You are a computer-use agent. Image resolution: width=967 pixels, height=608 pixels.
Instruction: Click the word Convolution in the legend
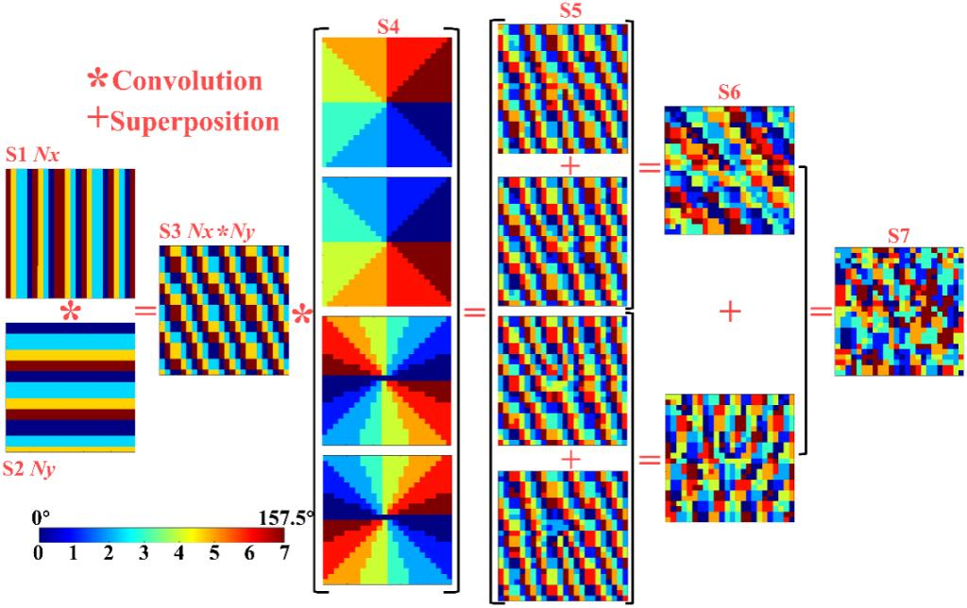187,80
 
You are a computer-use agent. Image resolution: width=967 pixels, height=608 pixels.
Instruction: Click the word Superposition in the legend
195,121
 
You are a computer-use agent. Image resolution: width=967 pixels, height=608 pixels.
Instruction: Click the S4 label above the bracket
386,25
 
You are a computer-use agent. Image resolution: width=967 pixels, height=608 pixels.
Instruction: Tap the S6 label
728,93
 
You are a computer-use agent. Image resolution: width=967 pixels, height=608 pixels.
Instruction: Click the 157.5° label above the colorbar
285,517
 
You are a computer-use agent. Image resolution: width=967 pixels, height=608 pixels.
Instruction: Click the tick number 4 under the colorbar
179,553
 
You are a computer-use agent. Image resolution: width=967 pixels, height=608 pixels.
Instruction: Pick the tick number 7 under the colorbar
284,553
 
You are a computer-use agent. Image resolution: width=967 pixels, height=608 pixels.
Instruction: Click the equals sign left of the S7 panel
820,311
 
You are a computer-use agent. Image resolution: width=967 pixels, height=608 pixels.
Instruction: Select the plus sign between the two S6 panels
729,312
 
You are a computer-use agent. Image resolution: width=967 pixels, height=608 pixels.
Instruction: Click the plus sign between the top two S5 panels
568,164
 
